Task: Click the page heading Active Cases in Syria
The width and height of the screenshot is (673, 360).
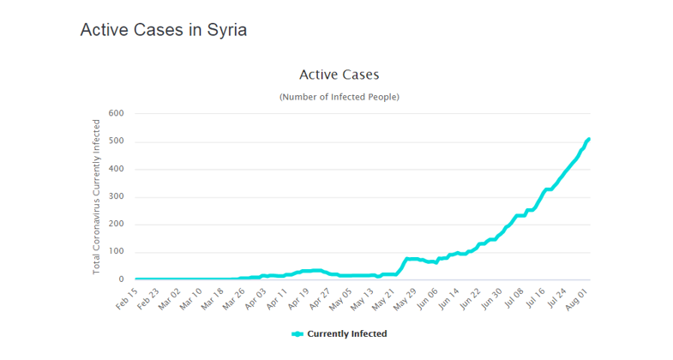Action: click(x=163, y=30)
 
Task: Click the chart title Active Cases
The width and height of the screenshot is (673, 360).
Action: click(x=339, y=75)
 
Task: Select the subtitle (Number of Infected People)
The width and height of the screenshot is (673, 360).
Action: click(x=339, y=97)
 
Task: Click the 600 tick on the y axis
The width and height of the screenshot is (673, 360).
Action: click(x=117, y=114)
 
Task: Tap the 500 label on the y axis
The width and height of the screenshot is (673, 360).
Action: click(x=117, y=141)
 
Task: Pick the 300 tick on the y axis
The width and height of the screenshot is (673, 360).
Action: click(x=117, y=197)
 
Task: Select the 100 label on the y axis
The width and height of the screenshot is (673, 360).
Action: click(x=117, y=252)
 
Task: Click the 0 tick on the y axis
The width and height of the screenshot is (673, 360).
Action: click(x=121, y=279)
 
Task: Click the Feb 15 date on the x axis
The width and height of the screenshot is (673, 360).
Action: click(x=127, y=297)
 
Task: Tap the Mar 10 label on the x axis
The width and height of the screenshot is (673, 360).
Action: click(x=189, y=297)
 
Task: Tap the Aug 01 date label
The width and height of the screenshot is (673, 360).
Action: click(x=577, y=297)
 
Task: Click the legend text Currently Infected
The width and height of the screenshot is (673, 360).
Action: click(x=346, y=333)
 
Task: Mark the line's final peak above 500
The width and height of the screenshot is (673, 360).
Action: click(x=589, y=139)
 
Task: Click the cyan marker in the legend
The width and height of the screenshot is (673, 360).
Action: click(x=297, y=333)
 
